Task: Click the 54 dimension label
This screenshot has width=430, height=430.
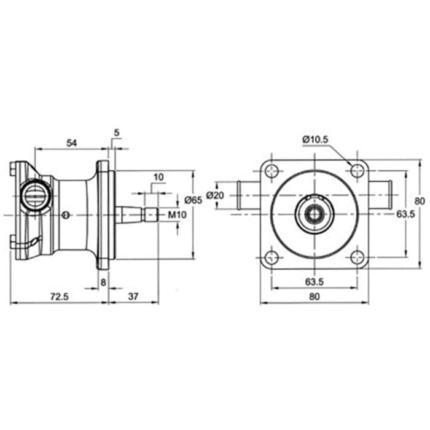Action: [71, 143]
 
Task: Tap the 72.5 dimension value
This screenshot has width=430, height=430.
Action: [58, 296]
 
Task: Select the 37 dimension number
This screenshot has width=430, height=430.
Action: [135, 296]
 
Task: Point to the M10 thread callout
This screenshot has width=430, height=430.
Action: [176, 214]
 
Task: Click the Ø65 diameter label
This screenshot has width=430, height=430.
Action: [193, 200]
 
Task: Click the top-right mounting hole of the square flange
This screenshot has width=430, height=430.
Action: [356, 171]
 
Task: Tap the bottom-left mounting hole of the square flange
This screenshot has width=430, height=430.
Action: [270, 258]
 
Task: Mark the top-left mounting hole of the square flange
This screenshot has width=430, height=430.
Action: [270, 171]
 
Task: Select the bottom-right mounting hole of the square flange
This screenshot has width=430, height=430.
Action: [356, 258]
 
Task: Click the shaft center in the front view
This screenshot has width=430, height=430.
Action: [313, 214]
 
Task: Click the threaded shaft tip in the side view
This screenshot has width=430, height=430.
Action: [152, 214]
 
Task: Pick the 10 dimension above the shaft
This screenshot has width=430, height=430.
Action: [158, 177]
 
